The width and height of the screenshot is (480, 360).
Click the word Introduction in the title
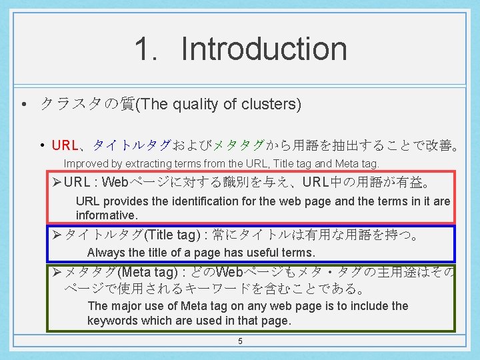(264, 49)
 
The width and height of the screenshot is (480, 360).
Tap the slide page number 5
(240, 342)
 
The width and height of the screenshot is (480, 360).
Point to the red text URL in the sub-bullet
(65, 145)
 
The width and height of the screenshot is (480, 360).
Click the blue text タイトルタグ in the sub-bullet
(131, 145)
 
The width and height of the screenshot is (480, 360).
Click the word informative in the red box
(106, 215)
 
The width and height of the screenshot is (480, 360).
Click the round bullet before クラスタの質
(23, 105)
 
